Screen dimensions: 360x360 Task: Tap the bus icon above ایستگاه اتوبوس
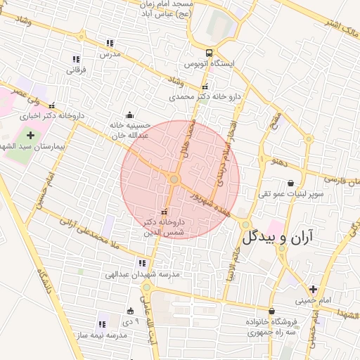tap(209, 53)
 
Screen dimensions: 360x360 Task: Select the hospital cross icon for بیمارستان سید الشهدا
tap(30, 134)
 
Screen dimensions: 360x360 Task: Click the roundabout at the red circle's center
tap(174, 180)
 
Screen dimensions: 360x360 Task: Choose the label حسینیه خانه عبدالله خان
tap(129, 129)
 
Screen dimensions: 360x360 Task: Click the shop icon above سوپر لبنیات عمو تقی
tap(290, 184)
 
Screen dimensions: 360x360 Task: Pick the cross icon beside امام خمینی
tap(312, 288)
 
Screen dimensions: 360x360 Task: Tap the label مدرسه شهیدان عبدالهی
tap(143, 274)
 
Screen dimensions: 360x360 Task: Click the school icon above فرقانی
tap(76, 59)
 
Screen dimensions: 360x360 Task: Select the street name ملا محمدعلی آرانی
tap(84, 233)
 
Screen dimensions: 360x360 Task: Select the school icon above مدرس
tap(109, 43)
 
